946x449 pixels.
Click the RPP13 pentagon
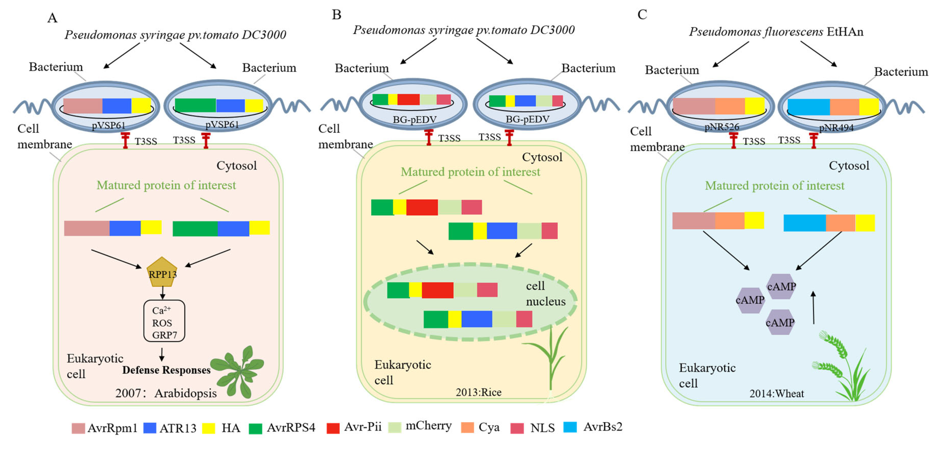coord(162,272)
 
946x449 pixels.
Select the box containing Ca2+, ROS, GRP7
coord(164,321)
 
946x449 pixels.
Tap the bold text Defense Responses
coord(166,370)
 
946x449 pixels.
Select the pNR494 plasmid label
coord(836,127)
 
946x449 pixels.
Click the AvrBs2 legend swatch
coord(570,427)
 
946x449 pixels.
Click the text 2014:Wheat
coord(777,394)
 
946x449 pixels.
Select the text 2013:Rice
coord(479,392)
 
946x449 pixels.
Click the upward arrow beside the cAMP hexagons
coord(813,307)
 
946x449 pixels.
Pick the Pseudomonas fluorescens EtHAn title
coord(776,32)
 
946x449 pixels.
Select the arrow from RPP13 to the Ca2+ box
coord(162,293)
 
